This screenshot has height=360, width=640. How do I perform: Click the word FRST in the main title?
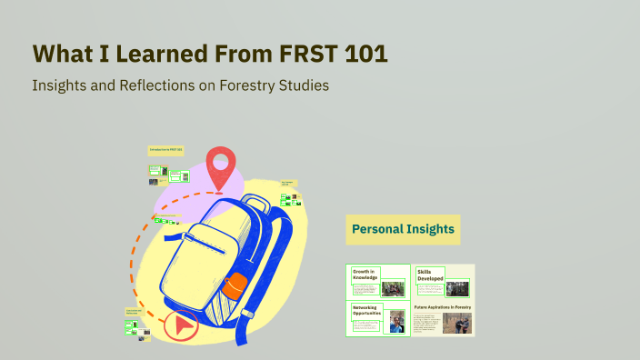304,54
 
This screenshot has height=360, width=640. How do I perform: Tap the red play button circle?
182,324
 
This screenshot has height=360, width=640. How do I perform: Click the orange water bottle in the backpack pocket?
235,285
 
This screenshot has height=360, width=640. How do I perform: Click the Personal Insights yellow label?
403,229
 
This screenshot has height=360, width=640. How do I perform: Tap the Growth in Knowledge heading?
365,275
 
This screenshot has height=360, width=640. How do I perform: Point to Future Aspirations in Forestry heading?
443,308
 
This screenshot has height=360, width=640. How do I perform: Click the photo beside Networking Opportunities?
396,323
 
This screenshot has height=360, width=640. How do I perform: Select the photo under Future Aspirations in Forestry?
457,323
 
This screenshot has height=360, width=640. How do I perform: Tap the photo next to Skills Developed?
457,288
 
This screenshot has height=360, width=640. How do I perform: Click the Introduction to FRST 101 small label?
165,149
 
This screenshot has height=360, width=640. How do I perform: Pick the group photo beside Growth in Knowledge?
393,289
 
